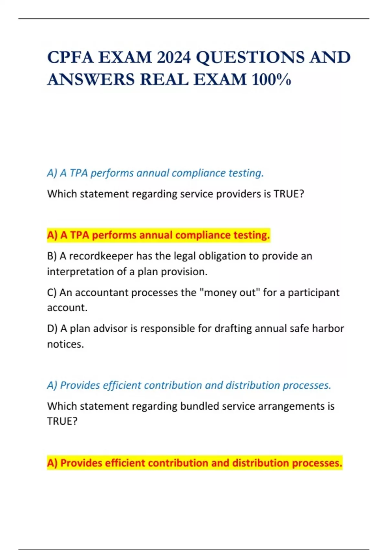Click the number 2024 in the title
[174, 58]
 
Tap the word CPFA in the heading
[70, 58]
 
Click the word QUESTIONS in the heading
[250, 58]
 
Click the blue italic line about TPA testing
[155, 173]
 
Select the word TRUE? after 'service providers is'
[289, 194]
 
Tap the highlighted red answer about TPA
[158, 235]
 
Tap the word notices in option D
[65, 344]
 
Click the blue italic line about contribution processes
[189, 385]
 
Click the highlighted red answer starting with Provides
[194, 463]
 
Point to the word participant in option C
[313, 292]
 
